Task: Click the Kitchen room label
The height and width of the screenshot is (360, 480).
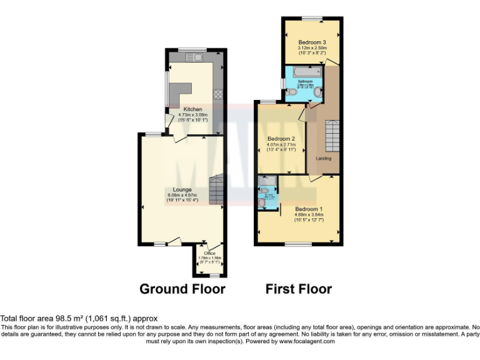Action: [192, 109]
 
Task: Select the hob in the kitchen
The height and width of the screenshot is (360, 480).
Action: [219, 95]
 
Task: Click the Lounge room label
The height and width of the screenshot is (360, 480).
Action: [182, 189]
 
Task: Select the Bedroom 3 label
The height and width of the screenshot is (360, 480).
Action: [311, 42]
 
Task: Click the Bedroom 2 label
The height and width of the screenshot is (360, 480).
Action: [281, 139]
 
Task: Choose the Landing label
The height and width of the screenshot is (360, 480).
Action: [323, 158]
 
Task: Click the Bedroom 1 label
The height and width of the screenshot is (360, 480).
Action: [309, 209]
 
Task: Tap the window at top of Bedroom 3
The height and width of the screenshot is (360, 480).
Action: [312, 17]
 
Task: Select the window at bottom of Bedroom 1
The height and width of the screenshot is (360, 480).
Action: [298, 244]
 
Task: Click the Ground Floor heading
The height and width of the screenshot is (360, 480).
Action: [182, 289]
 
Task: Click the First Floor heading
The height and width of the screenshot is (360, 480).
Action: [299, 289]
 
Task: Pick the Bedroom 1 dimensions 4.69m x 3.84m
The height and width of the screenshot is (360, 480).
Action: [309, 215]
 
